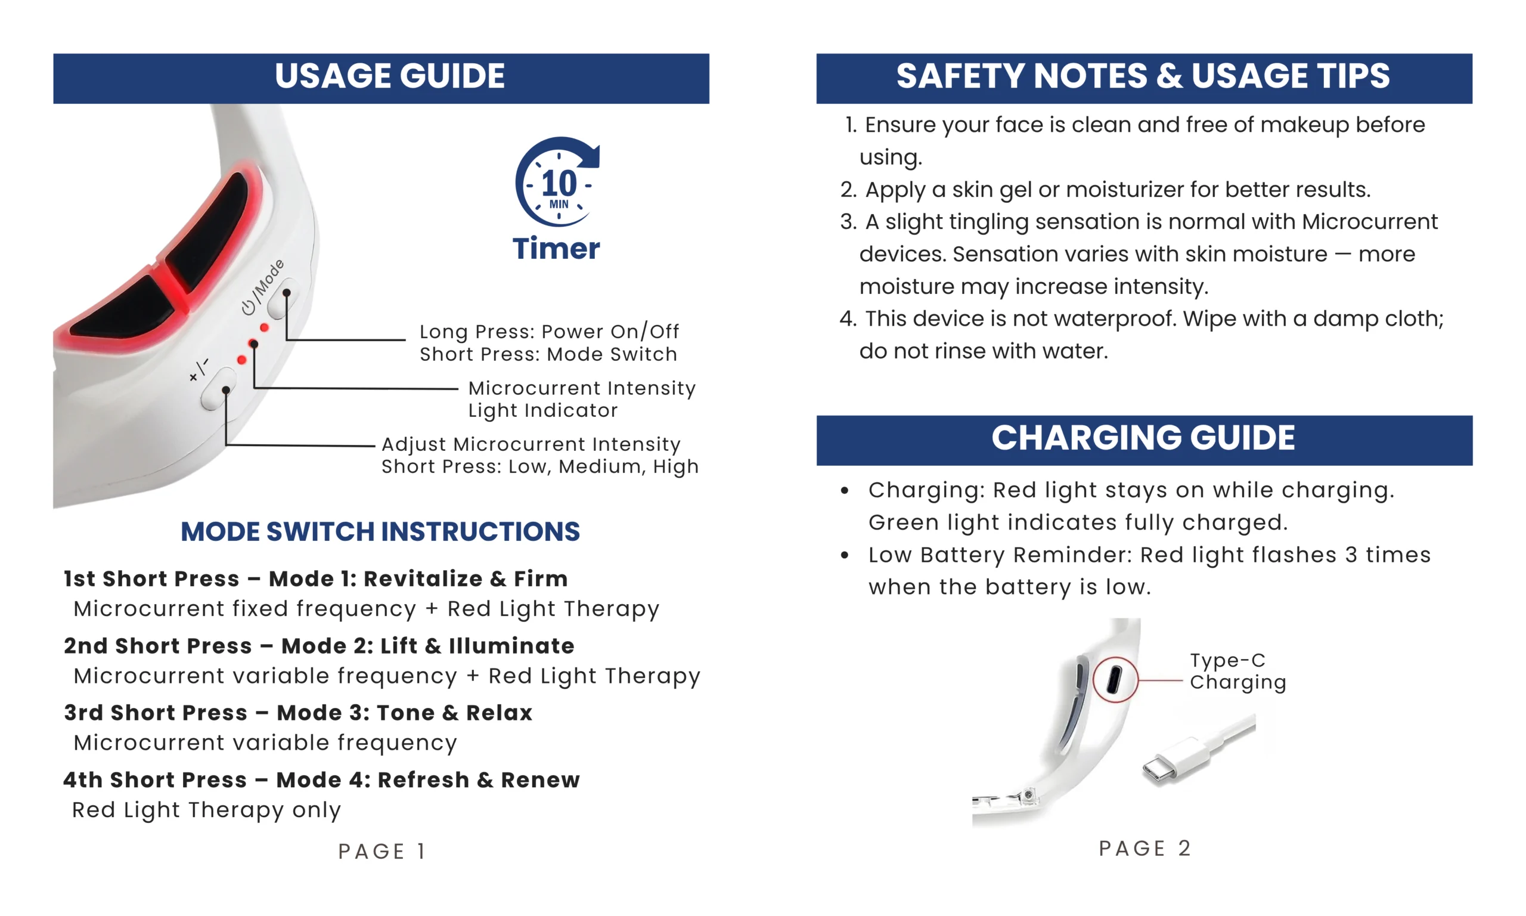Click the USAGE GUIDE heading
(x=389, y=76)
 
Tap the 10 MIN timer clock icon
(x=557, y=182)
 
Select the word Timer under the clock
(x=556, y=249)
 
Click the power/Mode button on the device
(x=283, y=298)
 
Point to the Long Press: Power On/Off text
(x=548, y=332)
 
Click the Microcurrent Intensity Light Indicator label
(x=581, y=399)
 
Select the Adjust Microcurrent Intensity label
(x=531, y=444)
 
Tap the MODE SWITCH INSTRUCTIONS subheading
(x=380, y=531)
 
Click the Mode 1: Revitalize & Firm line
(x=315, y=579)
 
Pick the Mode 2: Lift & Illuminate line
(x=319, y=646)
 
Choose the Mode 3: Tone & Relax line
(x=298, y=713)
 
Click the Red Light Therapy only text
(x=207, y=810)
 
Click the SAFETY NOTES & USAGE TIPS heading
(x=1143, y=76)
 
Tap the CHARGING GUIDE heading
(x=1143, y=438)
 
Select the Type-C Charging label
(x=1237, y=671)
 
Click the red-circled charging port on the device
(x=1114, y=680)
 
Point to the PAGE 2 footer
(x=1144, y=848)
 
